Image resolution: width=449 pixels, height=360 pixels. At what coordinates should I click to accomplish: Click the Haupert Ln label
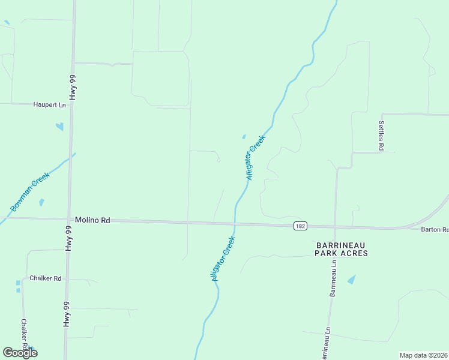pos(50,105)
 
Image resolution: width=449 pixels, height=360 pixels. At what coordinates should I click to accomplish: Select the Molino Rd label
pos(92,221)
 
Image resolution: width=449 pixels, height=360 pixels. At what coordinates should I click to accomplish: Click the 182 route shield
pos(300,226)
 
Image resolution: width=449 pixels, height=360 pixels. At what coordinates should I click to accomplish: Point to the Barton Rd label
pos(435,230)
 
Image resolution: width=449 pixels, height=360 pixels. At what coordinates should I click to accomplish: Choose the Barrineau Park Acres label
pos(342,250)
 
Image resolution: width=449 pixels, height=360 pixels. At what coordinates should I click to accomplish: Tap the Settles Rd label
pos(381,135)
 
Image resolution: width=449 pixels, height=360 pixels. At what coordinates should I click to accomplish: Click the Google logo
pos(20,353)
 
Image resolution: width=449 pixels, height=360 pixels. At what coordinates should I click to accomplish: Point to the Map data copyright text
pos(424,355)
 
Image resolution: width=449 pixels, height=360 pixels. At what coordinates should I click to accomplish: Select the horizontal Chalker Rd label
pos(46,278)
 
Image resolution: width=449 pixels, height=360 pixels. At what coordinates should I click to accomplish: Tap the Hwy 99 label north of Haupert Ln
pos(73,88)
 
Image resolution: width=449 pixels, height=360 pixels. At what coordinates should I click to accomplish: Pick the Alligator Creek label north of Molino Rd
pos(255,157)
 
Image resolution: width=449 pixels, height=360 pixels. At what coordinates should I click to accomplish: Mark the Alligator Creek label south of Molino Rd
pos(223,259)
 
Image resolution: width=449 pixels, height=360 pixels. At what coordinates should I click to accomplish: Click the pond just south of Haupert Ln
pos(59,127)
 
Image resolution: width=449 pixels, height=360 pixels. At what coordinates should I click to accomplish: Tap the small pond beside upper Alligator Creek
pos(244,137)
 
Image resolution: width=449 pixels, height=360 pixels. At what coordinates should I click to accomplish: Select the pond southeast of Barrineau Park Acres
pos(351,280)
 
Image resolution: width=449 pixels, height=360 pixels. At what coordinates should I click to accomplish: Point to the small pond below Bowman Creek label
pos(41,203)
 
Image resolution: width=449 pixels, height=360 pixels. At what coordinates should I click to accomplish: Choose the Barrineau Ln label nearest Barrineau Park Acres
pos(333,278)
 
